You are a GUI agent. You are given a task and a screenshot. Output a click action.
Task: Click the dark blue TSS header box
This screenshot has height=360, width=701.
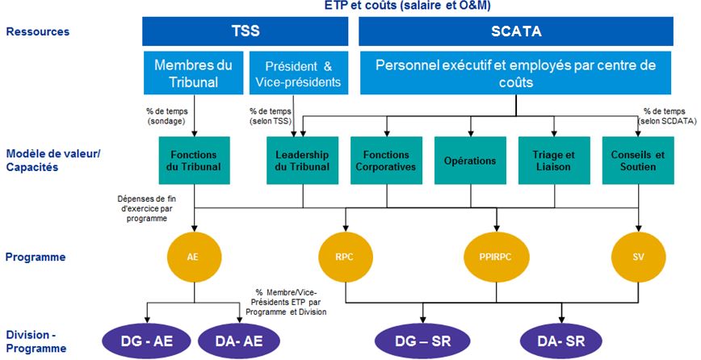[x=248, y=32]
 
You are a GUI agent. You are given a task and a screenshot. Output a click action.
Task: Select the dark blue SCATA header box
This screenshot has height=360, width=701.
[x=515, y=32]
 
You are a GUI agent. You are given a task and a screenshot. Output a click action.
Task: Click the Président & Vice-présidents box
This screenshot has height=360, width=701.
[x=294, y=74]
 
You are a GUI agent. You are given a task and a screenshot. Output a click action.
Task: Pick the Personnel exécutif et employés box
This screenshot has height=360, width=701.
[x=515, y=74]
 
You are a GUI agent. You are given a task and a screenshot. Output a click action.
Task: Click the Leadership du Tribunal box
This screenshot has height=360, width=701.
[x=302, y=161]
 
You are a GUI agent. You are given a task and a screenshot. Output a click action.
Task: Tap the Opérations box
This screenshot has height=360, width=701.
[x=470, y=161]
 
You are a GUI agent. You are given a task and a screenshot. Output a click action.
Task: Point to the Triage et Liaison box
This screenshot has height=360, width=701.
[x=554, y=161]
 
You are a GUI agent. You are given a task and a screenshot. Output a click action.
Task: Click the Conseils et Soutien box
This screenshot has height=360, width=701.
[x=640, y=161]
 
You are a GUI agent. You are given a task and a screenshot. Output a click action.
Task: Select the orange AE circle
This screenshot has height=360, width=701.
[x=192, y=257]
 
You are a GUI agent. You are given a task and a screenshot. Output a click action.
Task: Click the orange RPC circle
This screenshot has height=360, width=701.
[x=346, y=257]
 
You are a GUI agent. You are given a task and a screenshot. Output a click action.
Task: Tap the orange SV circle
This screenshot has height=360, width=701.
[x=640, y=257]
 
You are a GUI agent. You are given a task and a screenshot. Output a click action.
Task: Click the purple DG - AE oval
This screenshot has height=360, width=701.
[x=147, y=340]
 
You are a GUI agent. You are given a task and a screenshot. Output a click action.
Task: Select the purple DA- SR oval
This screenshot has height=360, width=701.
[x=563, y=340]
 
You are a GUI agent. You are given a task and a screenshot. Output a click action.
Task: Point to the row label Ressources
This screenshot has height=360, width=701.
[x=37, y=32]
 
